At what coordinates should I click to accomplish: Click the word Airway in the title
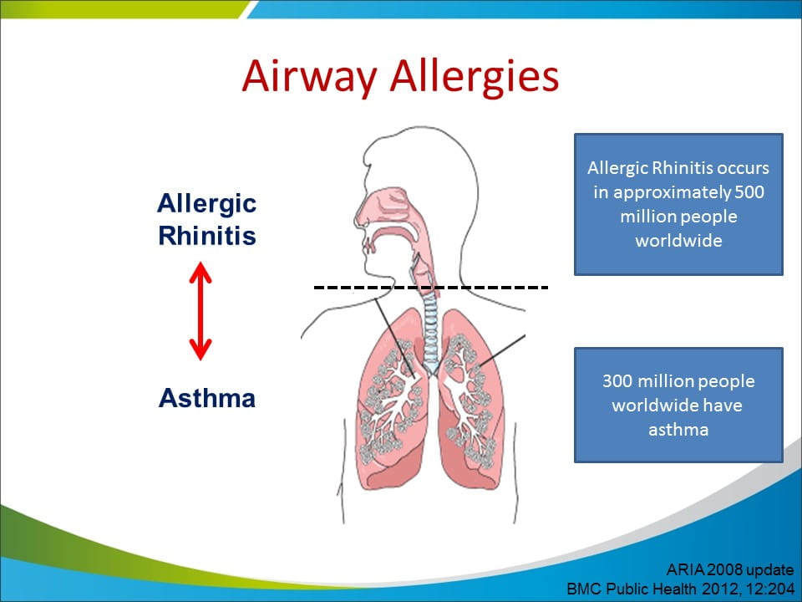[x=309, y=76]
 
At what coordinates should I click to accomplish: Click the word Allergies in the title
[x=475, y=76]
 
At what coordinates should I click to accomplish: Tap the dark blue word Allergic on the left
[x=206, y=204]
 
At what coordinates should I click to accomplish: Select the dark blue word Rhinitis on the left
[x=206, y=236]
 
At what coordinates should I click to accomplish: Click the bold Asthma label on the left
[x=206, y=398]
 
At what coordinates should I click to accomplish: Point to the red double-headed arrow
[x=200, y=311]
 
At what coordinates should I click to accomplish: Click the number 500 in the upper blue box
[x=749, y=192]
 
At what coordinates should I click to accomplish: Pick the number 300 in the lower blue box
[x=617, y=381]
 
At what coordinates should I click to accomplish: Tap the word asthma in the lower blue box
[x=678, y=429]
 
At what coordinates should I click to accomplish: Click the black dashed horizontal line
[x=431, y=288]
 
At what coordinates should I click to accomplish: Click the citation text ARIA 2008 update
[x=730, y=569]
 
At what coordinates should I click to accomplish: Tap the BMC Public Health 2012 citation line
[x=680, y=589]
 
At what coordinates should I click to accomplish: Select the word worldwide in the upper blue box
[x=678, y=240]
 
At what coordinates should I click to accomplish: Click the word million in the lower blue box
[x=660, y=381]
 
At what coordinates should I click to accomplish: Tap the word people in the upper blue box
[x=711, y=217]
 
